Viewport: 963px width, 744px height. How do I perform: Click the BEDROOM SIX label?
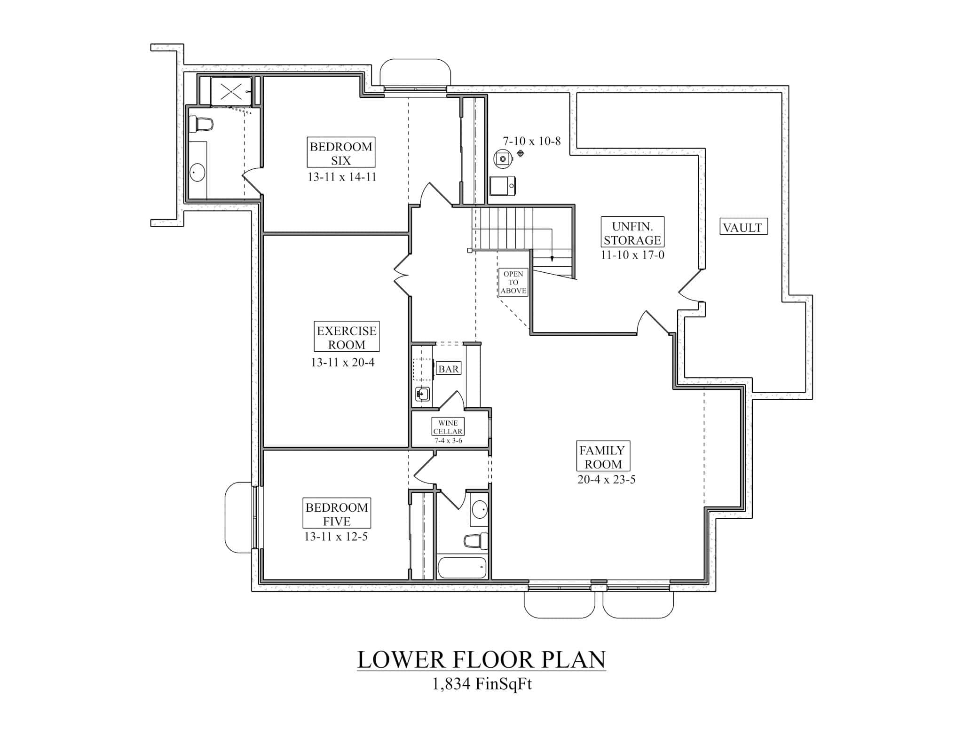341,153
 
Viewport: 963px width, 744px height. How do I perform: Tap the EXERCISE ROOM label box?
347,337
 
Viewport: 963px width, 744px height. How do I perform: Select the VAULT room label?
743,227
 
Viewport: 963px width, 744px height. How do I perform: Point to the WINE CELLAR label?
448,427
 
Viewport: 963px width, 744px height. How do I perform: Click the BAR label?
448,369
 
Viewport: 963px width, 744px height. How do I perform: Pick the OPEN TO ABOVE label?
513,282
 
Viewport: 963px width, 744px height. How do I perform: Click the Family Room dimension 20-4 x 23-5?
606,480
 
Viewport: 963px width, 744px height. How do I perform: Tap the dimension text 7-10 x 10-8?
532,141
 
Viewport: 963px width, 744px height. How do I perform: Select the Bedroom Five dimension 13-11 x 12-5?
336,537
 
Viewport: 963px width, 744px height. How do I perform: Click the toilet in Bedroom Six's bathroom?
201,125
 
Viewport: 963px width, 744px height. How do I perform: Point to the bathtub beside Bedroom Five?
462,568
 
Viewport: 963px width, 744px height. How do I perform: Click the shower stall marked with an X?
231,91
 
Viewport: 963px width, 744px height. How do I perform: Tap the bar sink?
422,394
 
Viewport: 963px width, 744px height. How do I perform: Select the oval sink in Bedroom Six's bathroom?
197,173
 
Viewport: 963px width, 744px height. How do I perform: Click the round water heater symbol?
502,159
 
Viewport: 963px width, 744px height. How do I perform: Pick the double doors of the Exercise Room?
403,275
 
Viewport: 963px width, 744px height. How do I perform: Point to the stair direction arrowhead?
552,259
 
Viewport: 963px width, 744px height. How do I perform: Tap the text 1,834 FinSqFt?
481,683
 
